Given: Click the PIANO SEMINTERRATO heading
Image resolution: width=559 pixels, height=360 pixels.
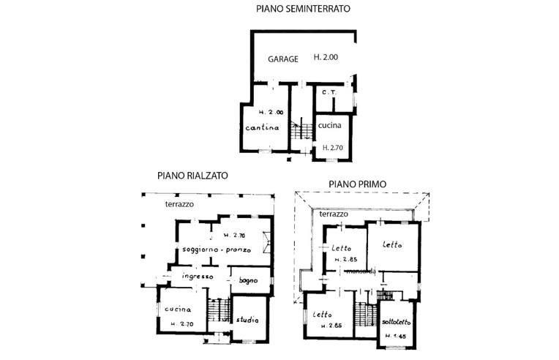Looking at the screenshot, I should coord(303,10).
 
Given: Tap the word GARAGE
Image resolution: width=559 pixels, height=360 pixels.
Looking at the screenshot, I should coord(283,59).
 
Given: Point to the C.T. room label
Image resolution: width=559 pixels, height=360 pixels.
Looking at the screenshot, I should coord(329,93).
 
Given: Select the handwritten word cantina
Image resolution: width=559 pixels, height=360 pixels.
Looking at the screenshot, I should coord(263,128).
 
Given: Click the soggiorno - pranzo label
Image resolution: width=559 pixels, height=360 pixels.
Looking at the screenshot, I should coord(217,250).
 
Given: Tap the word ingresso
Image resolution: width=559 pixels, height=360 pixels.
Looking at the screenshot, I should coord(198,277).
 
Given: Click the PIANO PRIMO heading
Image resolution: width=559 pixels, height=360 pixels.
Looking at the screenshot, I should coord(358,184).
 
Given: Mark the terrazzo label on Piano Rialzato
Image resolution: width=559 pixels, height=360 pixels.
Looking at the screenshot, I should coord(179,204).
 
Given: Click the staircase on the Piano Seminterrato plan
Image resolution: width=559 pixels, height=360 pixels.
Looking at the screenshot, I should coord(296,132).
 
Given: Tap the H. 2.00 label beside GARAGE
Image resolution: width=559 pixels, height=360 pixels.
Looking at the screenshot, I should coord(326,57).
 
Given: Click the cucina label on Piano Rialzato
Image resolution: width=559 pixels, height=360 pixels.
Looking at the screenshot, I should coord(177,309).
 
